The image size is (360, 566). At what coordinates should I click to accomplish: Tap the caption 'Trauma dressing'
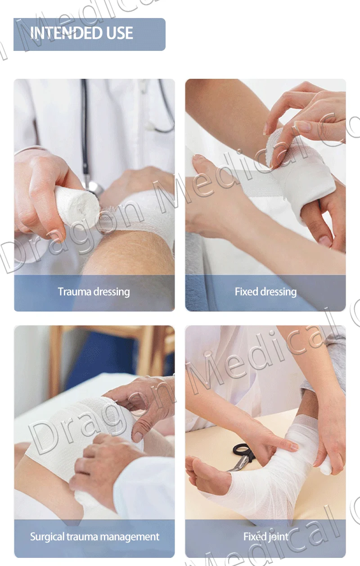click(94, 292)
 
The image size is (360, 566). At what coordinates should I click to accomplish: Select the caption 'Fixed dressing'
click(265, 292)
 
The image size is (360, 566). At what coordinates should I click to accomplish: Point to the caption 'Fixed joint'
click(265, 537)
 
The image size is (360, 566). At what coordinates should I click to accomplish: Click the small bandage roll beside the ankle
click(325, 466)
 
